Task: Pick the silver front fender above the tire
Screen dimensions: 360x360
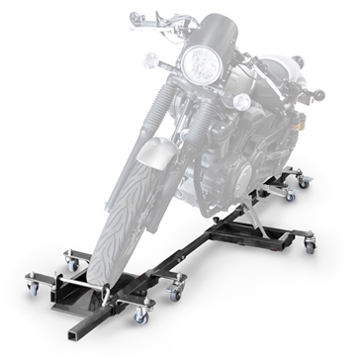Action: (x=168, y=153)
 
